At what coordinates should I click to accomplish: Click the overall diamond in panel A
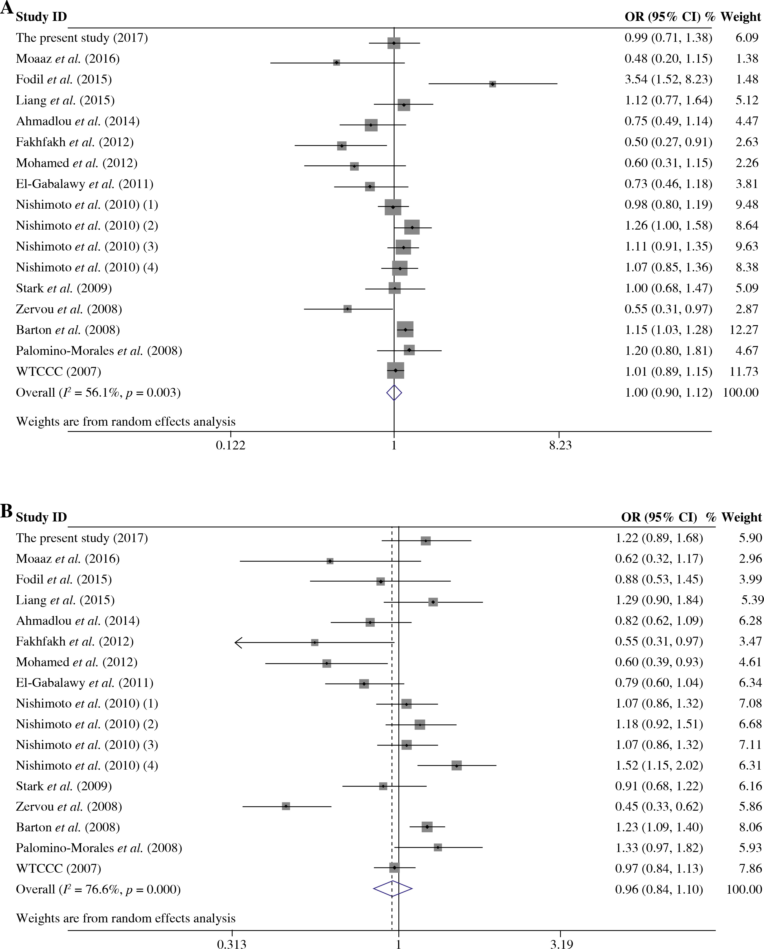(x=394, y=393)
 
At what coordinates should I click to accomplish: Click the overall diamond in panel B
(x=392, y=889)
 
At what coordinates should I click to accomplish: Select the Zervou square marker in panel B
(x=286, y=806)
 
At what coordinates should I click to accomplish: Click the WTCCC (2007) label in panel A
(x=58, y=371)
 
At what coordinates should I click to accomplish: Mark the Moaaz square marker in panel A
(x=337, y=63)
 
